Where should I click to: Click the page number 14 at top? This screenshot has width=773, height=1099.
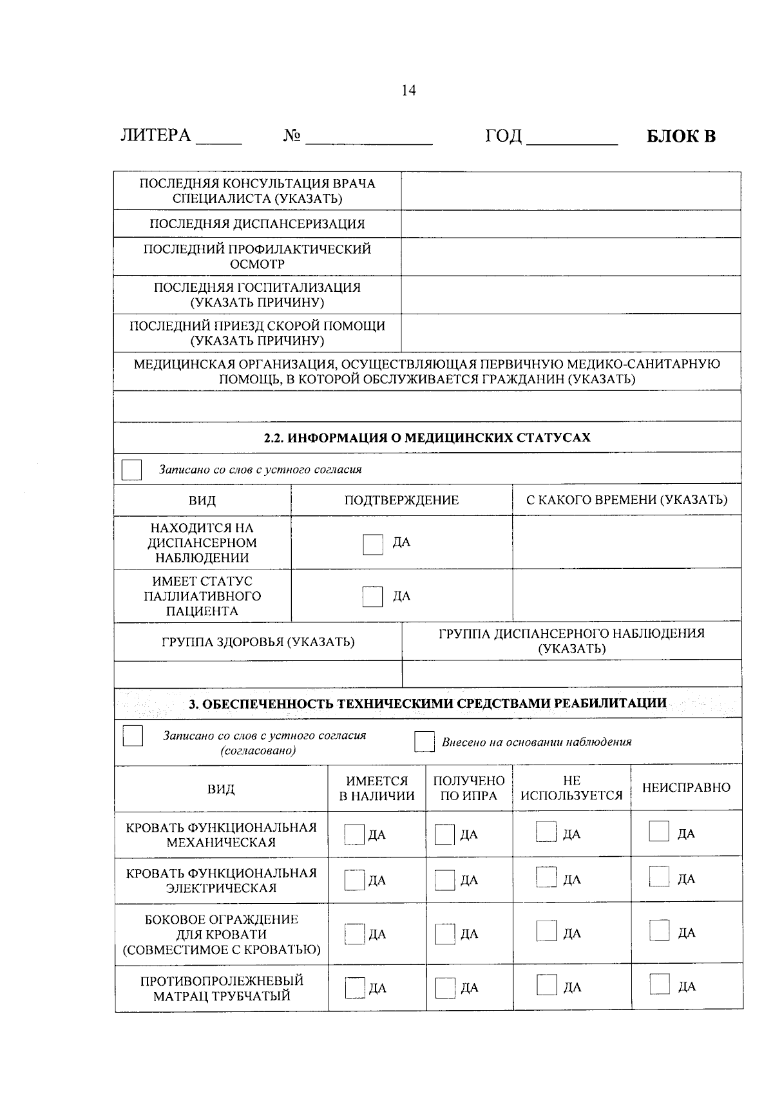(408, 90)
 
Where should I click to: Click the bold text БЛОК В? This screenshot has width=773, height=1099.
(681, 136)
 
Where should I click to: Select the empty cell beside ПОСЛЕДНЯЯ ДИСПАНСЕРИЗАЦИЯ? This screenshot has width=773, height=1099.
(571, 224)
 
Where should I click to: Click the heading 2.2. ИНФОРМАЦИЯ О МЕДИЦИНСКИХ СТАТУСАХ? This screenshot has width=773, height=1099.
(427, 437)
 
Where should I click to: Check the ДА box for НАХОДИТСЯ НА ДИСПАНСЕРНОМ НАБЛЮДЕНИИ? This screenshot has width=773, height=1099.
(373, 544)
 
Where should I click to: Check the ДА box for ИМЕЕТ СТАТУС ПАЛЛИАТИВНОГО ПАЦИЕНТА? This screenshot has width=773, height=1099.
(373, 597)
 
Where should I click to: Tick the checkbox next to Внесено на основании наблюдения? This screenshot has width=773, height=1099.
(425, 741)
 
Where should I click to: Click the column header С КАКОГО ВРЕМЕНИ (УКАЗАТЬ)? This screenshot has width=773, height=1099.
(627, 500)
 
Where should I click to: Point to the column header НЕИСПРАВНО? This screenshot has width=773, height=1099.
(686, 787)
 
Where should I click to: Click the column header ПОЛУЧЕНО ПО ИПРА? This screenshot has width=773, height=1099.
(469, 788)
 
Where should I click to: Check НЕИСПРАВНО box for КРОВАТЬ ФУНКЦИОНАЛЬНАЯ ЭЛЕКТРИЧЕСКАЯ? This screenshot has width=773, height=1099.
(660, 877)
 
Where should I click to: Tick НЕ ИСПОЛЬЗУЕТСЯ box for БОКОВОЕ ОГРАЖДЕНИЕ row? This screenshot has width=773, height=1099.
(547, 932)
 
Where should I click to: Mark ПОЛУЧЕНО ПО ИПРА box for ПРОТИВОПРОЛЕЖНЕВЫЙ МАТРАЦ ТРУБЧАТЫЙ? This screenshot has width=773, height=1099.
(445, 988)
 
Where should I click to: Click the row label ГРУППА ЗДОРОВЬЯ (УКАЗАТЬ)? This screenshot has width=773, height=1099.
(258, 642)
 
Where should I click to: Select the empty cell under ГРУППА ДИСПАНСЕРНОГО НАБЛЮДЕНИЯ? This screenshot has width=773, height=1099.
(571, 674)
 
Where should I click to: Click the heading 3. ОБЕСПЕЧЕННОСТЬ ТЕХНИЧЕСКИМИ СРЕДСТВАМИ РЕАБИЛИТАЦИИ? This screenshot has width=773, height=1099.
(427, 703)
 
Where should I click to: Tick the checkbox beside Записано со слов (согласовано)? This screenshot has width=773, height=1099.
(133, 736)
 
